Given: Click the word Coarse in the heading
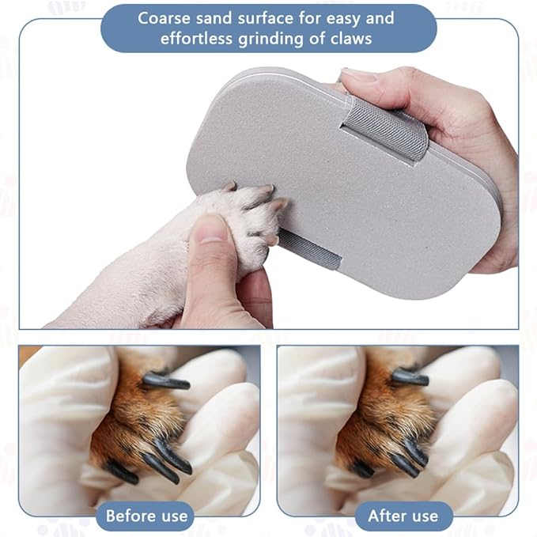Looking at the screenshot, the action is tap(164, 18).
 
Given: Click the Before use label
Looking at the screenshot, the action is tap(147, 516).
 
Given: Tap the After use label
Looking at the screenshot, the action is tap(403, 516).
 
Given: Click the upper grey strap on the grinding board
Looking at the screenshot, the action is tap(384, 128).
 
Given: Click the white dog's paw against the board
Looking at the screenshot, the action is tap(240, 219).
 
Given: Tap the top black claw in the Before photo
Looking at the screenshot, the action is tap(166, 381).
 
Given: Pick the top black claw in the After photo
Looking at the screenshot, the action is tap(410, 376).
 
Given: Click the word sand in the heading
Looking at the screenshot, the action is tap(214, 18).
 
